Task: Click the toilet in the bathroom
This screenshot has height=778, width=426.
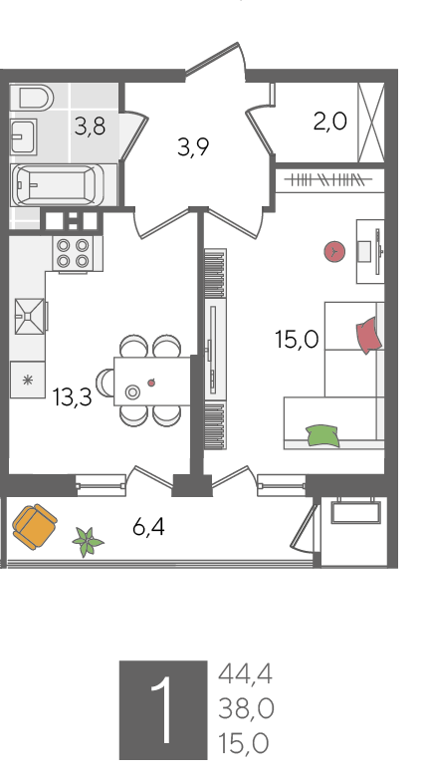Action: pyautogui.click(x=36, y=97)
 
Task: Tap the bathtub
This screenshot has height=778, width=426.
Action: pyautogui.click(x=58, y=184)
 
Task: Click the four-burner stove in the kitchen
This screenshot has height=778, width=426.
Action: pyautogui.click(x=73, y=253)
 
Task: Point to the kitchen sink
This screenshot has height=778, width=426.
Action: pyautogui.click(x=29, y=316)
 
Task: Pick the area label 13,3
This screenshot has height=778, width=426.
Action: pyautogui.click(x=73, y=397)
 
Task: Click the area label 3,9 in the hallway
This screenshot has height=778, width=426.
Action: pyautogui.click(x=193, y=147)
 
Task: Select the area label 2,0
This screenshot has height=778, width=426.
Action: pyautogui.click(x=330, y=122)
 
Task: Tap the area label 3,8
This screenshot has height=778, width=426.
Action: pyautogui.click(x=90, y=127)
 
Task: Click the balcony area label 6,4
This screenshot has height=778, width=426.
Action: pyautogui.click(x=148, y=527)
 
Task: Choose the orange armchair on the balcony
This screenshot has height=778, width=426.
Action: pyautogui.click(x=34, y=527)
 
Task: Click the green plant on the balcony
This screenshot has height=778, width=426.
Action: pyautogui.click(x=88, y=542)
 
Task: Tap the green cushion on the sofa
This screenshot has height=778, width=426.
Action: pyautogui.click(x=322, y=436)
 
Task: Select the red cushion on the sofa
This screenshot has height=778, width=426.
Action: pyautogui.click(x=369, y=336)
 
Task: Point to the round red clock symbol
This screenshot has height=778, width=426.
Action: pyautogui.click(x=334, y=252)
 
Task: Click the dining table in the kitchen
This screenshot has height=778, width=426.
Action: pyautogui.click(x=152, y=382)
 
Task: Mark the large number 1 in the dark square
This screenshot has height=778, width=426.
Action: pyautogui.click(x=163, y=710)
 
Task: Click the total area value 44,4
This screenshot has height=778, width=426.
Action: pyautogui.click(x=246, y=674)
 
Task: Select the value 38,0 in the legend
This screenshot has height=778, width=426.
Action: pyautogui.click(x=246, y=708)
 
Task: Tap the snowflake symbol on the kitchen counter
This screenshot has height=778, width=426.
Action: pyautogui.click(x=28, y=381)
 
